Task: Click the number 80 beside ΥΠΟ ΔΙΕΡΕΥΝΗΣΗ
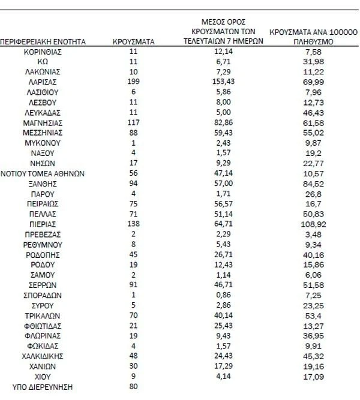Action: point(134,387)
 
